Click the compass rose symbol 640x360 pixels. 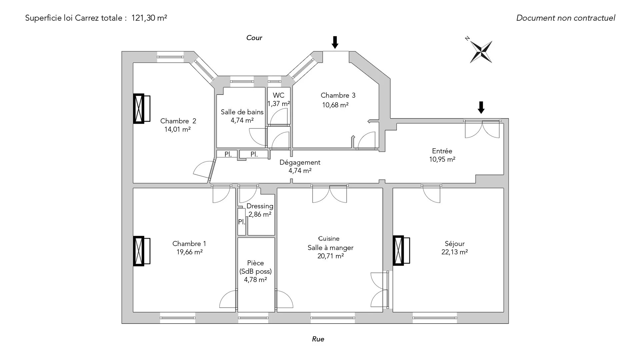(x=481, y=52)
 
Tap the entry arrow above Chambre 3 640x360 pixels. (x=335, y=42)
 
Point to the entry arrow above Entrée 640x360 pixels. (x=481, y=107)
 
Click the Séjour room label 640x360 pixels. (x=454, y=244)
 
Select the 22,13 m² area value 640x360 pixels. (x=454, y=252)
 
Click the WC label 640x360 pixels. (x=278, y=95)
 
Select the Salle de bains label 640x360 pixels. (x=242, y=112)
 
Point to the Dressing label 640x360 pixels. (x=260, y=206)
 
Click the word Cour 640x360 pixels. (x=254, y=38)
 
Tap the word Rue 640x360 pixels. (x=318, y=339)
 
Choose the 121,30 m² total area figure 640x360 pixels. (x=149, y=18)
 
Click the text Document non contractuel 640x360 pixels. (x=565, y=18)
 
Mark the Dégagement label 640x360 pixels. (x=300, y=162)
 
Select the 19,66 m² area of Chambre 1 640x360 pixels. (x=189, y=252)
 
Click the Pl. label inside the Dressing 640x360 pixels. (x=241, y=222)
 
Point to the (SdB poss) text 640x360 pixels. (x=255, y=271)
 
